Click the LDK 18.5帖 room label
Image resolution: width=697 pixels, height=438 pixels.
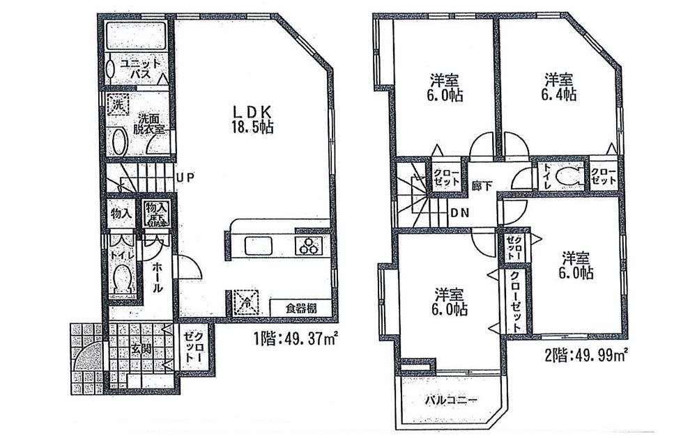point(252,119)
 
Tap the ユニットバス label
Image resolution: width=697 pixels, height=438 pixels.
point(143,68)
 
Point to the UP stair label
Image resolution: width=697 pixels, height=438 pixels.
point(185,178)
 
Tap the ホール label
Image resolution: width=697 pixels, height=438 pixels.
point(158,276)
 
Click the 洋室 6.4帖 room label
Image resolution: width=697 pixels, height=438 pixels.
point(560,88)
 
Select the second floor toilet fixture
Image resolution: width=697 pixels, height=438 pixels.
point(569,176)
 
